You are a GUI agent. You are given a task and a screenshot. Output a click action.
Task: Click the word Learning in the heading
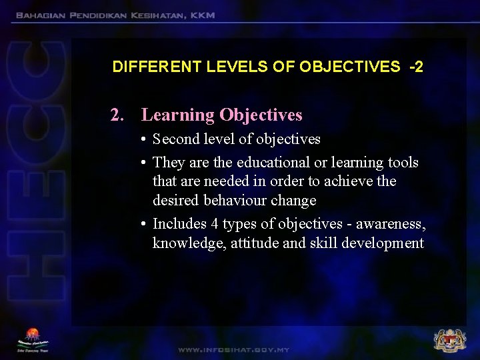pyautogui.click(x=178, y=115)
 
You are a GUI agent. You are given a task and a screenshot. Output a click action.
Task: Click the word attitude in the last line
pyautogui.click(x=255, y=243)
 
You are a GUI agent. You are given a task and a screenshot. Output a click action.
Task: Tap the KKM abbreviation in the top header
pyautogui.click(x=202, y=15)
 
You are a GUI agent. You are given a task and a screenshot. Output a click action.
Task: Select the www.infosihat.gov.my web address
pyautogui.click(x=233, y=349)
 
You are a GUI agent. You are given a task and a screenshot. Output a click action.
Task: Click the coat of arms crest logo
pyautogui.click(x=449, y=340)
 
